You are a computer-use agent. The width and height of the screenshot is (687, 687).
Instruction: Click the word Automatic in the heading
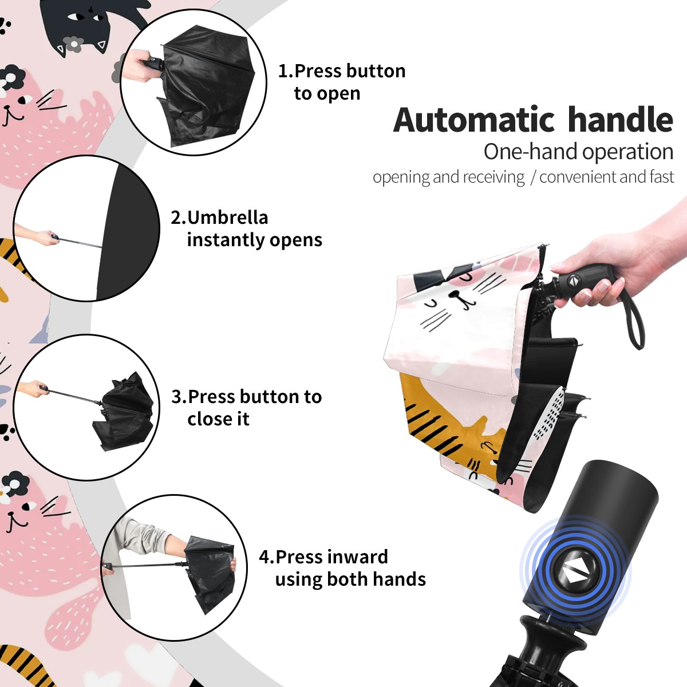pyautogui.click(x=474, y=120)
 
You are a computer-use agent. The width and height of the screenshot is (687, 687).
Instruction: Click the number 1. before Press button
pyautogui.click(x=286, y=71)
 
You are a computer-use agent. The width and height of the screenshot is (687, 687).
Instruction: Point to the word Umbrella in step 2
pyautogui.click(x=228, y=218)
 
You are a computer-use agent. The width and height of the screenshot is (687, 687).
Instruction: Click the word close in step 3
pyautogui.click(x=207, y=419)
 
